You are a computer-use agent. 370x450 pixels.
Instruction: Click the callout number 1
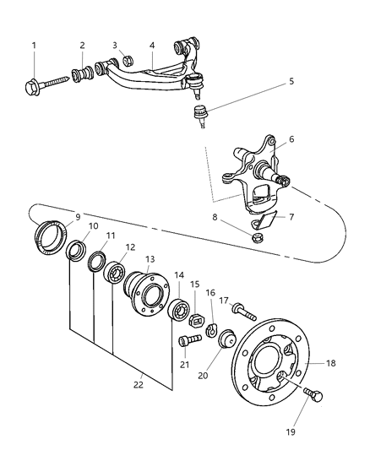[34, 46]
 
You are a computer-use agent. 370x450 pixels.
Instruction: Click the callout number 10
[93, 226]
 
